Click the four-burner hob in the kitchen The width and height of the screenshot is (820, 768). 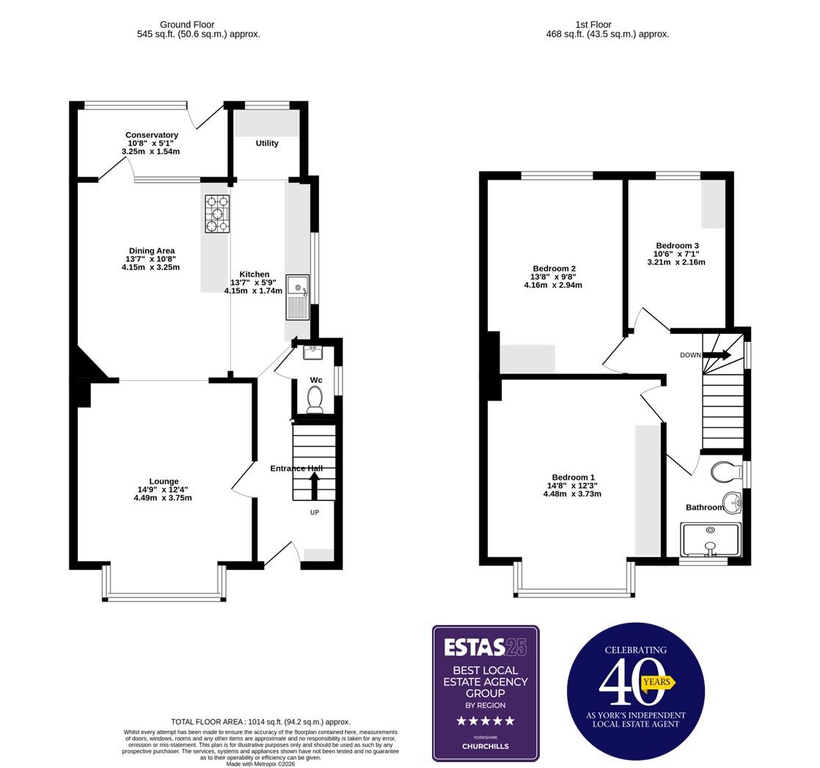coord(217,213)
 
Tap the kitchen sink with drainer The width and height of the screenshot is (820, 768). coord(298,297)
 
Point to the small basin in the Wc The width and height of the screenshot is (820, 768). coord(313,353)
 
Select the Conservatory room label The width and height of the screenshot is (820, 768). coord(151,135)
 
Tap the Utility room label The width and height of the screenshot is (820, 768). coord(267,143)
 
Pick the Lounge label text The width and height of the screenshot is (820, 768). coord(164,481)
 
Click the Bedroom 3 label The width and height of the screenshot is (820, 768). coord(677,246)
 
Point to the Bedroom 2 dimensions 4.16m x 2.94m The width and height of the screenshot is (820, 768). coord(553,285)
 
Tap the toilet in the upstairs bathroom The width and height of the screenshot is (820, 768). coord(726,472)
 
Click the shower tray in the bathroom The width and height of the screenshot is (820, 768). coord(709,541)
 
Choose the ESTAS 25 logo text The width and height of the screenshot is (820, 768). coord(485,646)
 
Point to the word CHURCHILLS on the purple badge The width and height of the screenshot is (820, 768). coord(485,747)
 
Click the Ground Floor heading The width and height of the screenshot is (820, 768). coord(187,24)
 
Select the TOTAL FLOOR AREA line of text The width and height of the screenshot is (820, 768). coord(260,722)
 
